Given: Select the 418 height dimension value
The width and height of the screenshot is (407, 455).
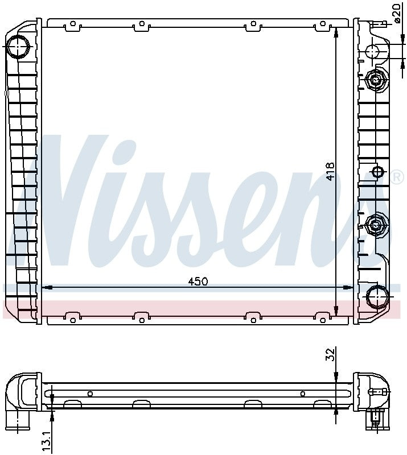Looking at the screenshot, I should [330, 171].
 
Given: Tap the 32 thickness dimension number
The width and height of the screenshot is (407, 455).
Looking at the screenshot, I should [330, 355].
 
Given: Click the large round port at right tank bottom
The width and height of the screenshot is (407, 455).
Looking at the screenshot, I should [376, 297].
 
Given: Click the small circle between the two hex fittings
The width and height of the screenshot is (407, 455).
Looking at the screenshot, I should [376, 172].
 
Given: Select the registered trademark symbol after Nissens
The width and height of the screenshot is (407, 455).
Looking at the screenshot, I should [396, 177].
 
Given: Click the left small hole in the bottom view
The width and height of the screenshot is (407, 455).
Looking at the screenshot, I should [90, 393].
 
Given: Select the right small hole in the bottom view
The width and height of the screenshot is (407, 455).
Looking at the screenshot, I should [302, 393].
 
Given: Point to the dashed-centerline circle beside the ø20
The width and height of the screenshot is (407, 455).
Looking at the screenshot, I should [372, 51].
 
